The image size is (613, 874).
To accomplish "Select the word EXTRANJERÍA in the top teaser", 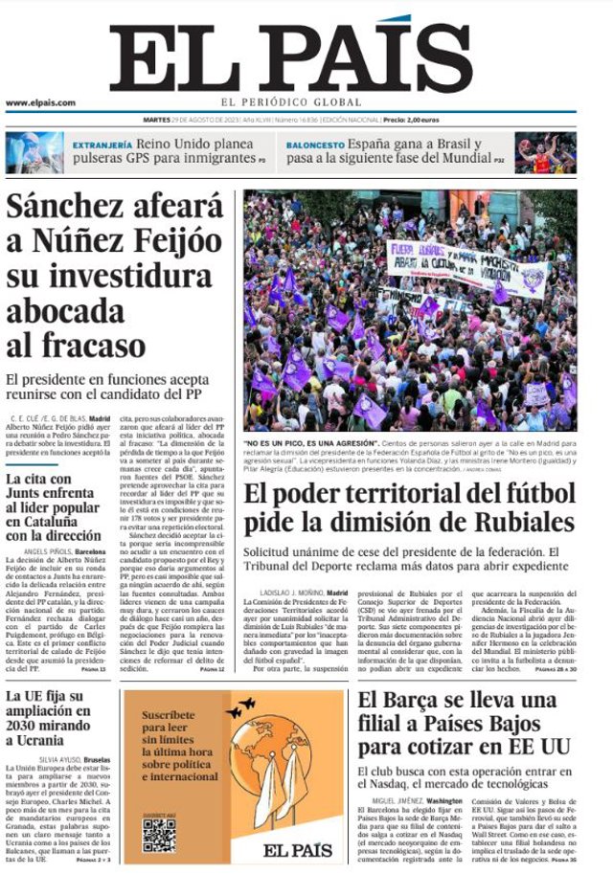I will point(102,145).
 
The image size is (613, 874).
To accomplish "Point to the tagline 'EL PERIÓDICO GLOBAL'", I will point(290,101).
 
